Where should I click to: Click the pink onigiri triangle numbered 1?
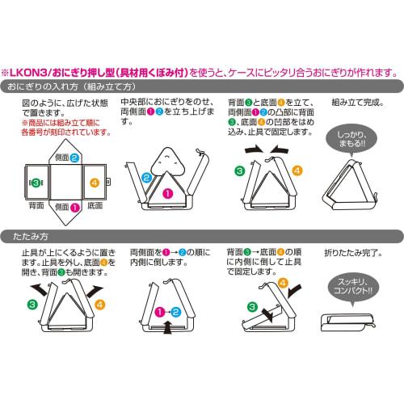(168, 193)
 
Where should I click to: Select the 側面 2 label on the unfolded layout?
(67, 158)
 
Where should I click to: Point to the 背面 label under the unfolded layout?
(36, 208)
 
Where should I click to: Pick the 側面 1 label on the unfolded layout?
(66, 208)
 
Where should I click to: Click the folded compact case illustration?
(350, 321)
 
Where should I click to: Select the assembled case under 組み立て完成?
(349, 183)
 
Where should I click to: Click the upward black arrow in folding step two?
(167, 326)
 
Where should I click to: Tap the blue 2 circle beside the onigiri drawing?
(146, 177)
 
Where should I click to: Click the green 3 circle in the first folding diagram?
(31, 305)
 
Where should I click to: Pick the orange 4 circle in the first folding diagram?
(99, 305)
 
